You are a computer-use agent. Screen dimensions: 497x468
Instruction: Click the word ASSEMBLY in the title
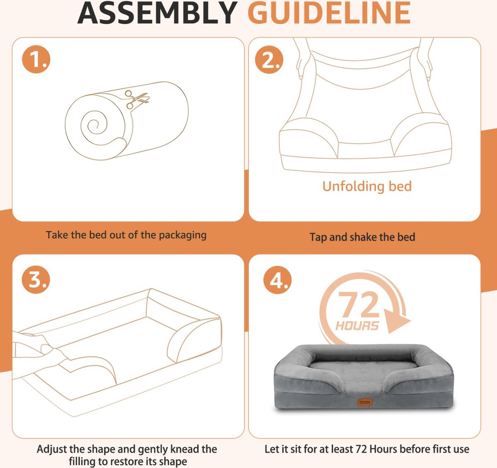[157, 13]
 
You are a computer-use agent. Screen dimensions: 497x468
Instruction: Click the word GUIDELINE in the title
[329, 13]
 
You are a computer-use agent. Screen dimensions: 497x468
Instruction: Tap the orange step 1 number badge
[36, 59]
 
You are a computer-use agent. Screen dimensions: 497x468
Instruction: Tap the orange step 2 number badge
[269, 59]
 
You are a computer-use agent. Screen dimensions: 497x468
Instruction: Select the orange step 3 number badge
[36, 279]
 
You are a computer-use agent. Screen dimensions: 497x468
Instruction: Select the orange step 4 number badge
[277, 280]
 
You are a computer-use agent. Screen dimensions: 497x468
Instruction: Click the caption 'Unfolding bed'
[367, 186]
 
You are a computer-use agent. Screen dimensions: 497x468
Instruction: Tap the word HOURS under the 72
[357, 326]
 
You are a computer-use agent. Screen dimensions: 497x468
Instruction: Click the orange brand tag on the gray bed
[365, 402]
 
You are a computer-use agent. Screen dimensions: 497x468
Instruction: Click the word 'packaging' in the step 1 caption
[183, 235]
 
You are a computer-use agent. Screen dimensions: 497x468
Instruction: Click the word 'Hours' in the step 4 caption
[384, 449]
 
